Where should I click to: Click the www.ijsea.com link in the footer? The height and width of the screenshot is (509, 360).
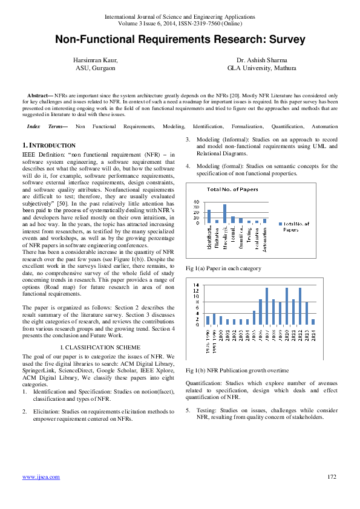click(x=41, y=477)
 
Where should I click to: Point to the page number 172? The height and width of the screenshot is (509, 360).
click(x=331, y=477)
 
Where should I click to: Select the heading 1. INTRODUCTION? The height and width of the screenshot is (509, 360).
click(x=49, y=146)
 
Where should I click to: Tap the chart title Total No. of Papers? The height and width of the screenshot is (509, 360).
click(x=232, y=190)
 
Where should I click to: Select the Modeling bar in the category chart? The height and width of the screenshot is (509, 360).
click(x=225, y=213)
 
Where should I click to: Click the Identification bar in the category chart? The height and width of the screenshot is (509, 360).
click(x=209, y=216)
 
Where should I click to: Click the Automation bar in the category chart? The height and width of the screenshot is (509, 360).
click(x=264, y=221)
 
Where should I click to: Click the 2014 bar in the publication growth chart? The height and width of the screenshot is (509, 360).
click(x=313, y=322)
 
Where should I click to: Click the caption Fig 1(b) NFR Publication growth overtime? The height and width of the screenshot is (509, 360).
click(x=238, y=370)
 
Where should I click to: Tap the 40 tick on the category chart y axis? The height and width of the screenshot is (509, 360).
click(x=196, y=202)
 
